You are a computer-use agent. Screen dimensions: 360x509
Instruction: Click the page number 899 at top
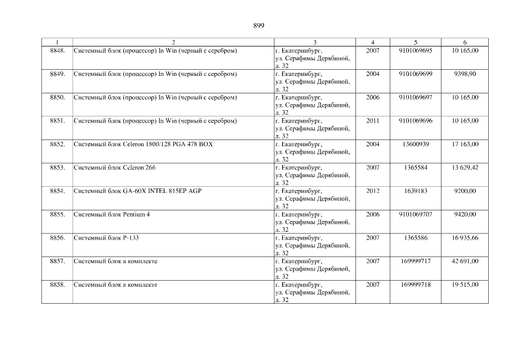coord(259,25)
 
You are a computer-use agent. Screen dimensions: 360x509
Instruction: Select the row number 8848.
coord(57,51)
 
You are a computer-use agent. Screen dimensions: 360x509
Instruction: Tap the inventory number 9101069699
coord(415,74)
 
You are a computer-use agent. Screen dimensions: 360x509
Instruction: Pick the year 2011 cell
coord(372,121)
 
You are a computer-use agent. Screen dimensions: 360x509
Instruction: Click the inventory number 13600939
coord(415,145)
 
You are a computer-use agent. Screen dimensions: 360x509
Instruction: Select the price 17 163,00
coord(465,145)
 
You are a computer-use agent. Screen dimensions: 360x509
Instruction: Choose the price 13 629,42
coord(465,168)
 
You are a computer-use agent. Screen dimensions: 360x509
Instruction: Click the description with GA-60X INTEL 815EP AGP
coord(137,191)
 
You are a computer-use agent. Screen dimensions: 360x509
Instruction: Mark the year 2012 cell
coord(372,191)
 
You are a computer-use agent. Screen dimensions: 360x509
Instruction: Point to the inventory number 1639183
coord(415,191)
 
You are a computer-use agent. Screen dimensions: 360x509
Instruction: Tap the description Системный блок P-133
coord(106,238)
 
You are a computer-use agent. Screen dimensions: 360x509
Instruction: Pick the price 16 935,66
coord(465,238)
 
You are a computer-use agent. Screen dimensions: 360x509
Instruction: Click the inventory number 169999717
coord(415,262)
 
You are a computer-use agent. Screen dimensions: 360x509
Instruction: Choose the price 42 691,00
coord(465,262)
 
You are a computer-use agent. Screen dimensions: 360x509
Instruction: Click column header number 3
coord(314,42)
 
